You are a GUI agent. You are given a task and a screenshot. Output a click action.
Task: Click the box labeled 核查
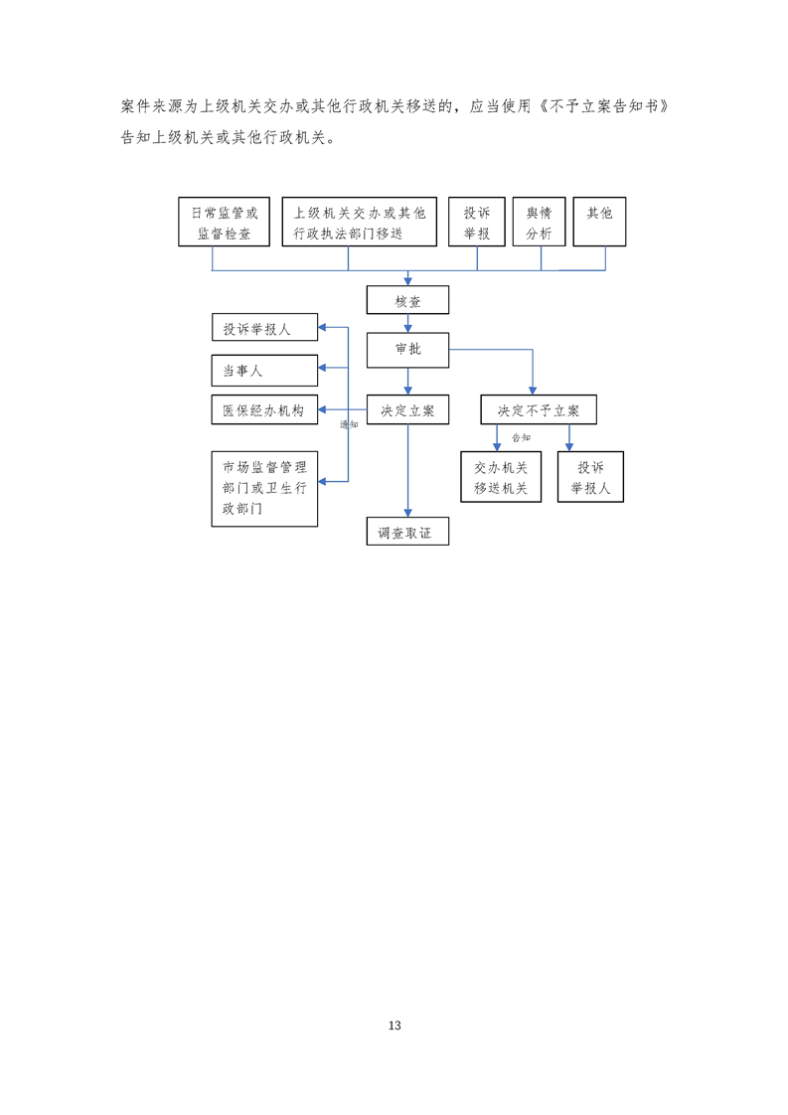tap(407, 300)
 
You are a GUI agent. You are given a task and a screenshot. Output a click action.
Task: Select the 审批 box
tap(407, 349)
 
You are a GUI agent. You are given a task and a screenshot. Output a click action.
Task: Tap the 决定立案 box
tap(407, 409)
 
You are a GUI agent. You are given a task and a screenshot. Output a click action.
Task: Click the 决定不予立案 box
tap(538, 409)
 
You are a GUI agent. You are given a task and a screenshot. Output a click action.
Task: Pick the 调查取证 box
tap(407, 532)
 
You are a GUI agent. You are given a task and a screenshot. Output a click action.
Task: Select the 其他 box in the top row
tap(600, 222)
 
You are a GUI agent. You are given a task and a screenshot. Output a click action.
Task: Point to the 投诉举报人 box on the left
tap(264, 327)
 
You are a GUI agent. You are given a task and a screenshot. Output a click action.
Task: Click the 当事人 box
tap(264, 370)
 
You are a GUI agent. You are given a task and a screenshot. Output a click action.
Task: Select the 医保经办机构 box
tap(264, 409)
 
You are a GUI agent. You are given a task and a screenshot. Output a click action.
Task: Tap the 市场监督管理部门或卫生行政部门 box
tap(264, 488)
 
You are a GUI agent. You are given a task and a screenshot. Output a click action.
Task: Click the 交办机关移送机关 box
tap(501, 477)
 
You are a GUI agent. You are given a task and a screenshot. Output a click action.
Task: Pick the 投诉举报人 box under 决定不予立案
tap(591, 477)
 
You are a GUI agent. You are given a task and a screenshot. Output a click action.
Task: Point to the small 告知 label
tap(521, 437)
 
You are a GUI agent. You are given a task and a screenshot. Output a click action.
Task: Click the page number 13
tap(394, 1026)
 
